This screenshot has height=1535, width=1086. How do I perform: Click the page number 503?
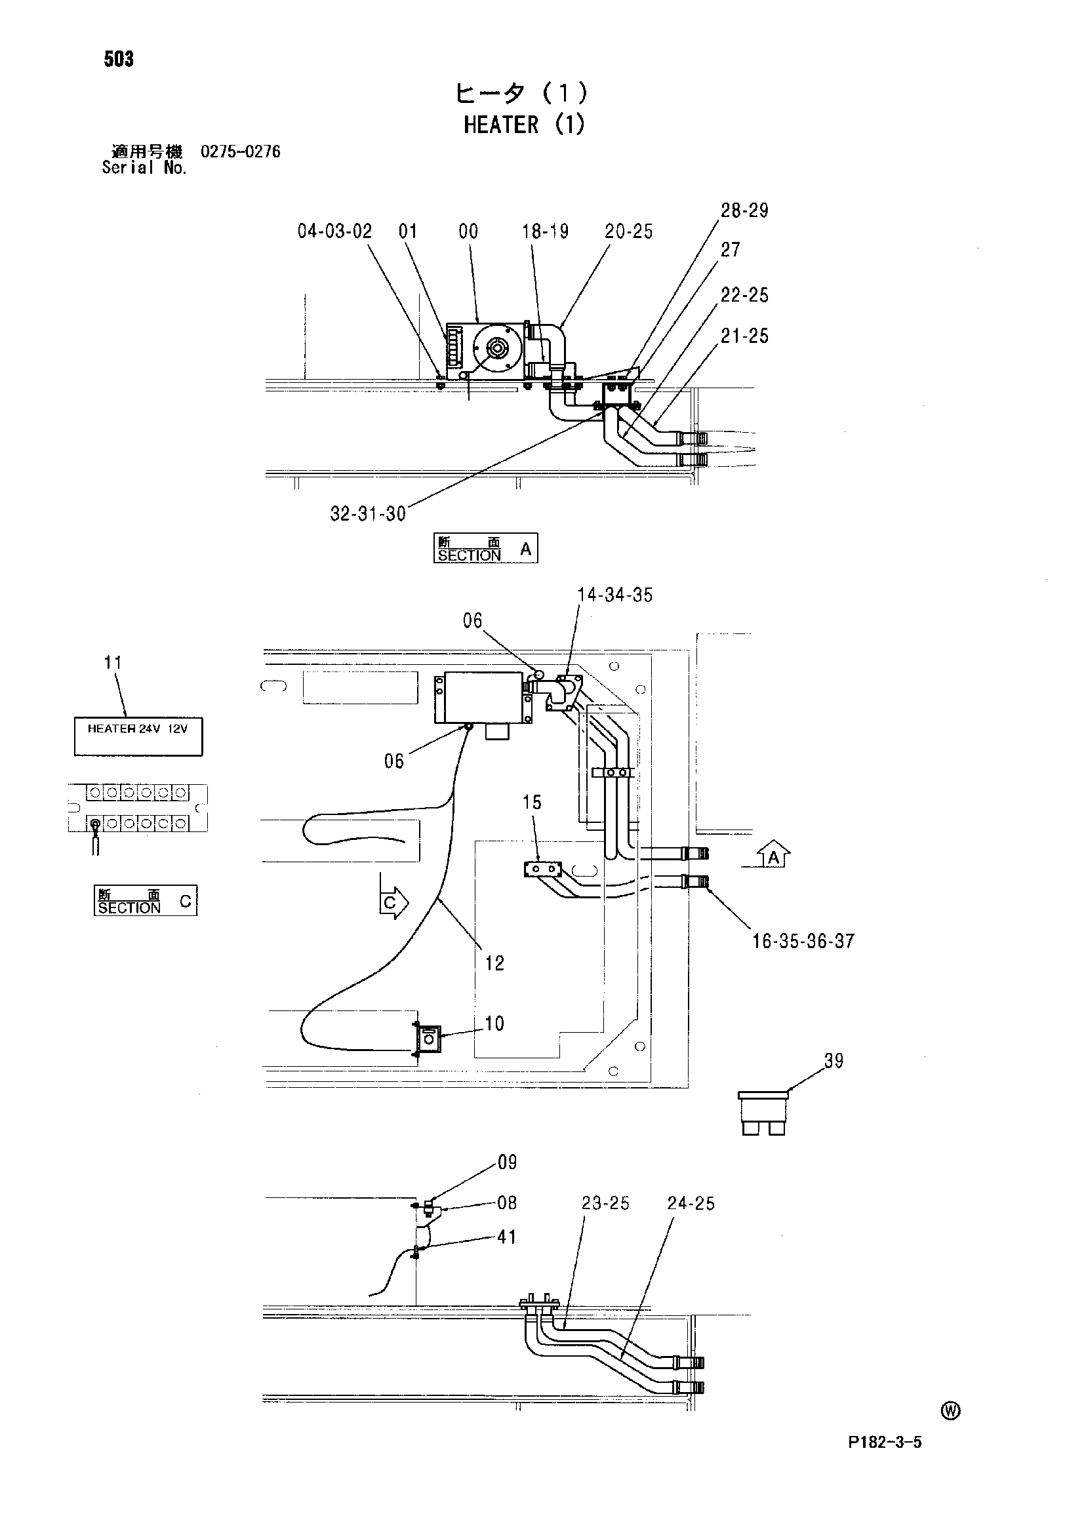pos(119,60)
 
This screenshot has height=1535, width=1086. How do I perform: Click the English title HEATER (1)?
pos(524,125)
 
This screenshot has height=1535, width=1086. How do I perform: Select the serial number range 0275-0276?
pos(241,151)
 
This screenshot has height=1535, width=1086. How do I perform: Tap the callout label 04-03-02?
pos(334,231)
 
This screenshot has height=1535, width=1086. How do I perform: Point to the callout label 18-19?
pos(545,231)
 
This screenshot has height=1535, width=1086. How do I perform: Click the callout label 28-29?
pos(744,210)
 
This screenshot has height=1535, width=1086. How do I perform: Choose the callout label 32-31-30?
pos(368,513)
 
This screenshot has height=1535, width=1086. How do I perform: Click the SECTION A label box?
pos(485,548)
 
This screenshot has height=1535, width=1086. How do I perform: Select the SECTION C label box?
pos(146,900)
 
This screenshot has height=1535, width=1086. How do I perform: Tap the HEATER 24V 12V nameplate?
pos(138,737)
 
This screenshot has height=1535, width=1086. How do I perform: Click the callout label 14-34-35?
pos(615,595)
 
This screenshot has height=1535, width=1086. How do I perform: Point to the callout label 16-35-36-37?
pos(803,942)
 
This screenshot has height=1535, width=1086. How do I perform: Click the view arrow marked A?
pos(773,854)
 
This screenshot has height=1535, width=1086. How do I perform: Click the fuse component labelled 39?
pos(764,1113)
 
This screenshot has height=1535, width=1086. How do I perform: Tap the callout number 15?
pos(532,803)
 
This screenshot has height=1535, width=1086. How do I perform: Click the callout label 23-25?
pos(605,1203)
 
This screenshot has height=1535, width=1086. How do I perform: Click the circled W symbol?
pos(950,1411)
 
